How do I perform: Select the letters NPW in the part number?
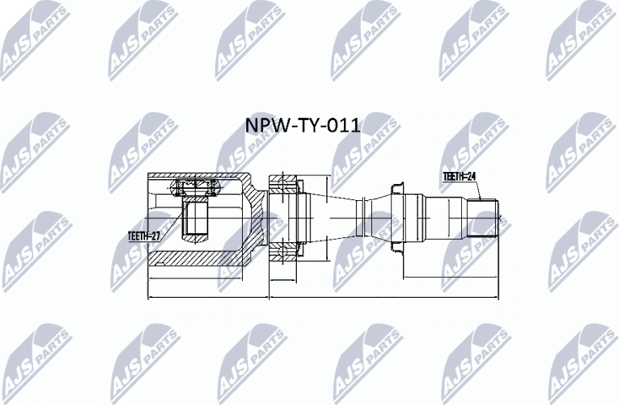(262, 127)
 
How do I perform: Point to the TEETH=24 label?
(460, 176)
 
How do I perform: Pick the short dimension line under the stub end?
(451, 276)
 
